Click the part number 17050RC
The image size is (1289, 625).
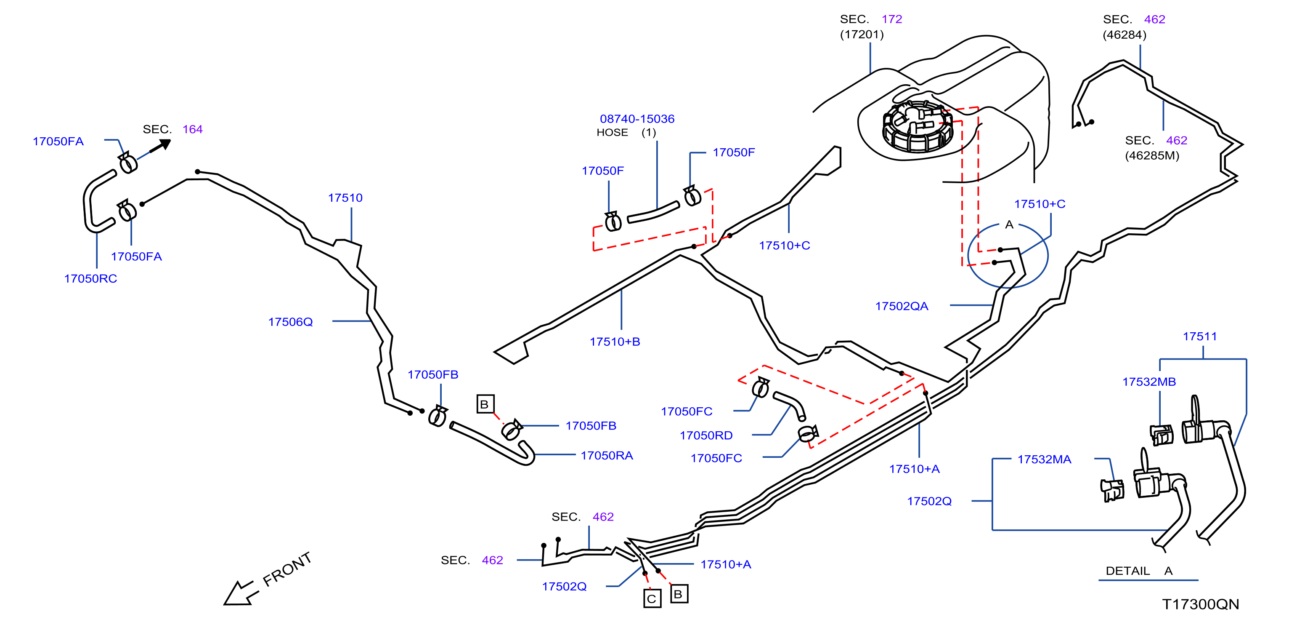click(x=90, y=278)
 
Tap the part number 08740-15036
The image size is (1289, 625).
click(x=637, y=119)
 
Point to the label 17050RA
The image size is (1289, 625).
click(x=607, y=455)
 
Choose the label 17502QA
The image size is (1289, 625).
click(x=901, y=306)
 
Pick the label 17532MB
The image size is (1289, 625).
click(x=1149, y=382)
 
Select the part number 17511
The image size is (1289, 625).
click(x=1199, y=337)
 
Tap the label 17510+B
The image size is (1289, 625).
click(x=615, y=342)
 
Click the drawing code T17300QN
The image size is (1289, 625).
click(x=1200, y=604)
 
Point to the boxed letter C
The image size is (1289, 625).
click(x=652, y=598)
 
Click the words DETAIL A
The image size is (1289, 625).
click(x=1139, y=571)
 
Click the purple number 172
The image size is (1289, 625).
click(x=892, y=19)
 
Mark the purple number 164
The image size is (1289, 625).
click(x=192, y=129)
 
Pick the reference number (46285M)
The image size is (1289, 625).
click(x=1152, y=155)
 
